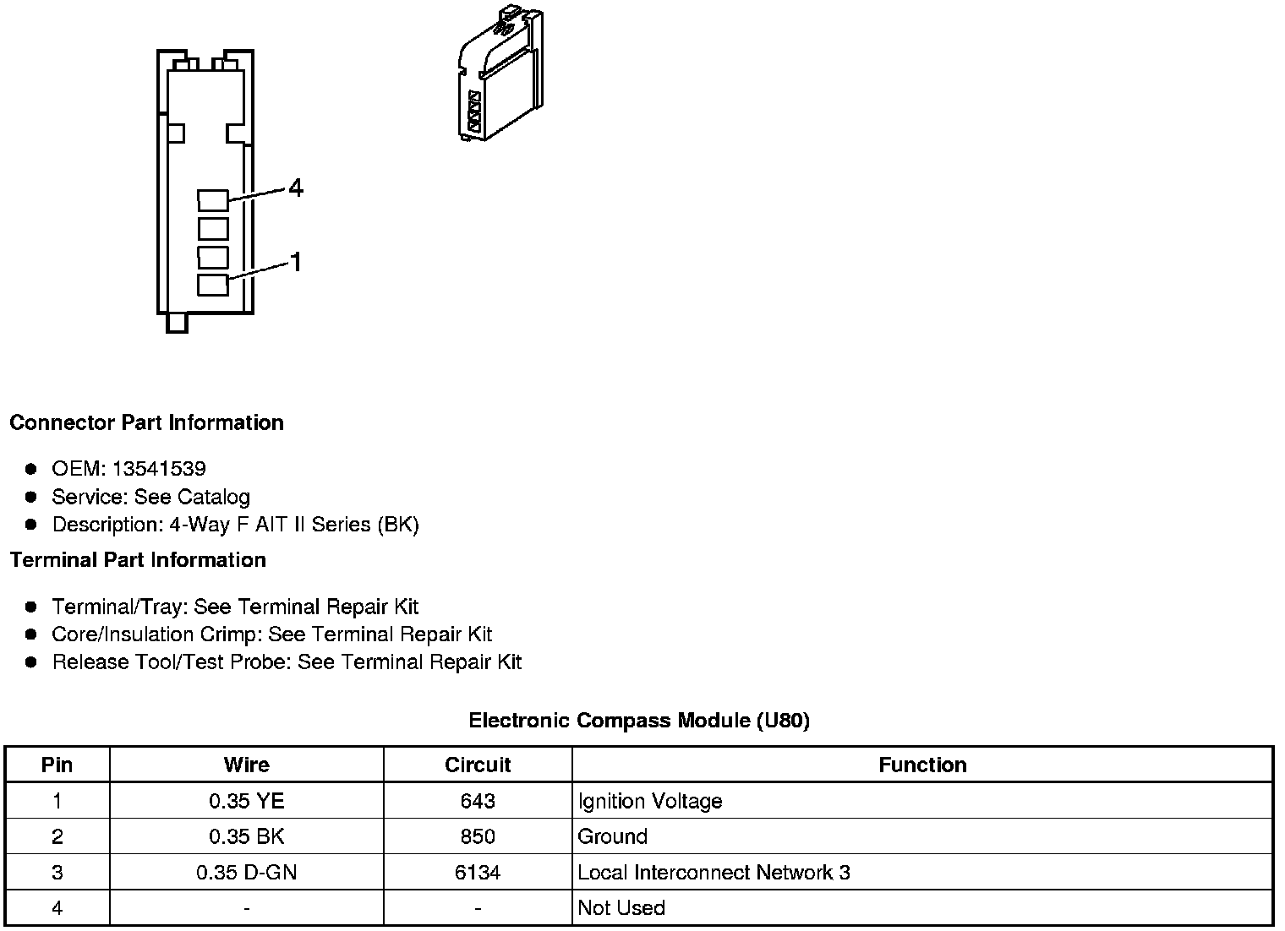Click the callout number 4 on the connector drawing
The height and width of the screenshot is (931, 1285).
[295, 188]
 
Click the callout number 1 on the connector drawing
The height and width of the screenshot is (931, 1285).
[296, 263]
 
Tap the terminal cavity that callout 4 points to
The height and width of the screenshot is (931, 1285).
[213, 200]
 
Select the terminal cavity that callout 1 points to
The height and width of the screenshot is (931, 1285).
[213, 285]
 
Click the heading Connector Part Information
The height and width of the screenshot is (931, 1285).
[146, 422]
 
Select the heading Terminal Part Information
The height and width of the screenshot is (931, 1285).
[138, 560]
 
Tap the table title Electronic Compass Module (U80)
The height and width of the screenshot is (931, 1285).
[639, 721]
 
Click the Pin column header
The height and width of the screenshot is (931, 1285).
[57, 765]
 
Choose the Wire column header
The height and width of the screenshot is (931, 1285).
[246, 765]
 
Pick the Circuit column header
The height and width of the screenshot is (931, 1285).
[478, 765]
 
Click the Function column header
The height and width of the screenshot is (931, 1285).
[922, 765]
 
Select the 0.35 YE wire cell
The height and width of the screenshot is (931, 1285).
[246, 801]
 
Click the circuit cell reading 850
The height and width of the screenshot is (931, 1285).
[478, 836]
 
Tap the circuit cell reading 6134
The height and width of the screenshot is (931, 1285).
[478, 872]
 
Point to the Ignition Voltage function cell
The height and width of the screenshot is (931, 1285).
[649, 801]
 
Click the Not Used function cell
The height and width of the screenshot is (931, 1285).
[621, 908]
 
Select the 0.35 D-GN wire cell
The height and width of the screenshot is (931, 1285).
[246, 872]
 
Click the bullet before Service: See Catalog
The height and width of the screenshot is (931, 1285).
[31, 497]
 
